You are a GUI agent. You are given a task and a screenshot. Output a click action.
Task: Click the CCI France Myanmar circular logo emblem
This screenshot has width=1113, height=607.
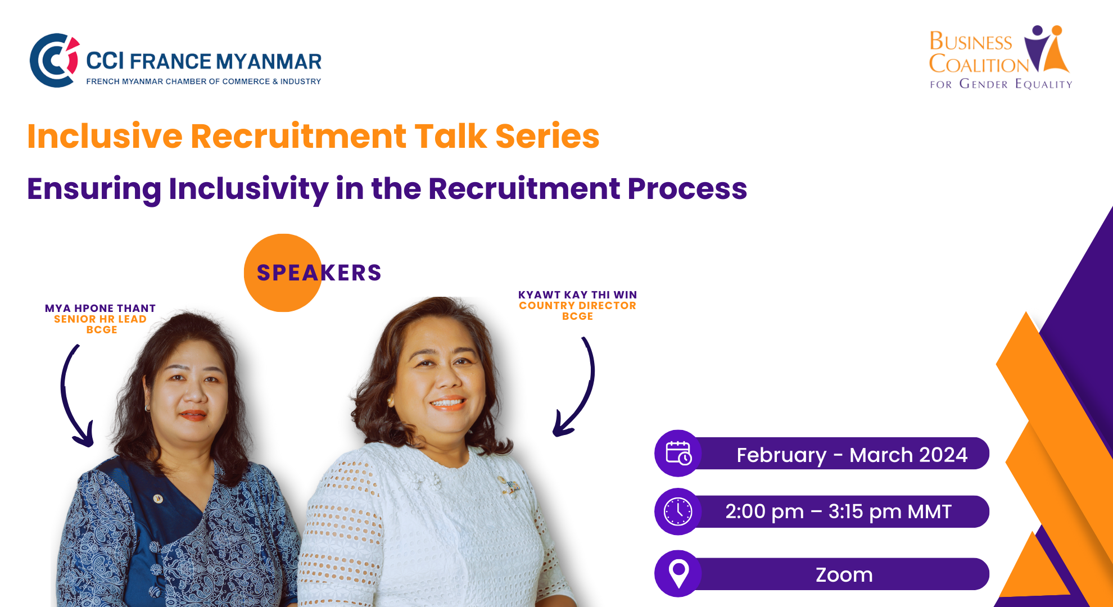54,60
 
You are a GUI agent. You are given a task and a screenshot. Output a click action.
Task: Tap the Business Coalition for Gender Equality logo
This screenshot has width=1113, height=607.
1001,57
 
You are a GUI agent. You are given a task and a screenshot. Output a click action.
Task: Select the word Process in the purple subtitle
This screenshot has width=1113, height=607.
687,188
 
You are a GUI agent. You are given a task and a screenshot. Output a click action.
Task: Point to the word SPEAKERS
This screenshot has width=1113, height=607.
319,273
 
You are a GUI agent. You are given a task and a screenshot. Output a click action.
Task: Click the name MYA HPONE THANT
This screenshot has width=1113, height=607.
101,308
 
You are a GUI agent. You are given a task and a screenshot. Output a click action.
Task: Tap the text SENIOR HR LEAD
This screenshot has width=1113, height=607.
100,319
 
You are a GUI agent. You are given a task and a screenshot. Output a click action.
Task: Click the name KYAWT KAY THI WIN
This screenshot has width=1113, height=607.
577,295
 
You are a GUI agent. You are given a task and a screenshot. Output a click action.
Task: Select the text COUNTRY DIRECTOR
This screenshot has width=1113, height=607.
577,305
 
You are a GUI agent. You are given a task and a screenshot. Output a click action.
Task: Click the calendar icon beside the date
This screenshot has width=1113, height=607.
678,453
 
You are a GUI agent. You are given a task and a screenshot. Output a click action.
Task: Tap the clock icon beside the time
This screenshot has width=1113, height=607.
678,511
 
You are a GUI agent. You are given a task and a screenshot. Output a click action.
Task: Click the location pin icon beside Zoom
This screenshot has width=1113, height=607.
679,573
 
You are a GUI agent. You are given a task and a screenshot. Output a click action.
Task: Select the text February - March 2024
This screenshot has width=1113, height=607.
852,455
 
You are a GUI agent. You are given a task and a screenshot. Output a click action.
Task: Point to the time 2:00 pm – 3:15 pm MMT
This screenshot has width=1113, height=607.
838,511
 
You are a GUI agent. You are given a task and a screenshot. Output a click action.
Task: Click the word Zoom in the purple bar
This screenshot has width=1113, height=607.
844,575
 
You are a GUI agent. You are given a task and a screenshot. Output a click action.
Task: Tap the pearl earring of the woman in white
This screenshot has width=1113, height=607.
389,400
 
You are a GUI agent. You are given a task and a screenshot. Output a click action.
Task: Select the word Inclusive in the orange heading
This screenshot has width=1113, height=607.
105,136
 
